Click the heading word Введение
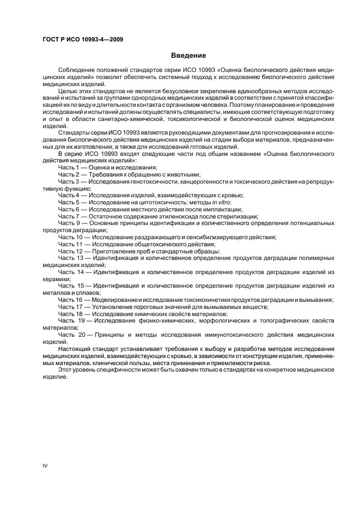point(188,56)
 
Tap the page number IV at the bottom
point(45,466)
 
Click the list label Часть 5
point(69,202)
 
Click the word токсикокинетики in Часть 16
point(211,300)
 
